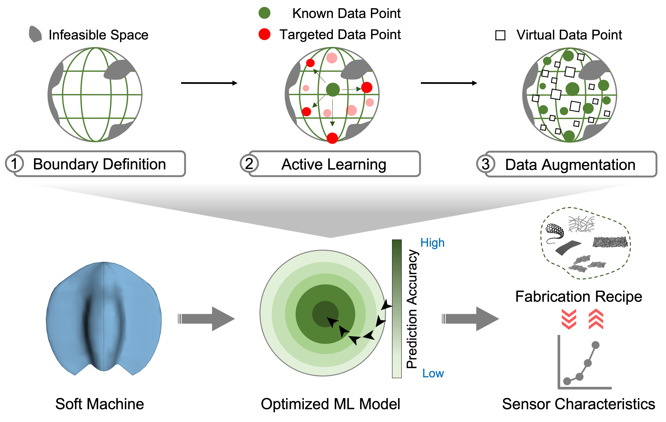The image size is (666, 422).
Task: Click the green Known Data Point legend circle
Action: click(264, 13)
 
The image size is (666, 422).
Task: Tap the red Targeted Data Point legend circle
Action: click(264, 34)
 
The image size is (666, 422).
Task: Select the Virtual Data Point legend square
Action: click(500, 35)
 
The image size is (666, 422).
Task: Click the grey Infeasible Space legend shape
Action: click(35, 34)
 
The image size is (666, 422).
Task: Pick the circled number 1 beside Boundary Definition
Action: click(14, 163)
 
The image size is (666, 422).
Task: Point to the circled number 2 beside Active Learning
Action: click(249, 163)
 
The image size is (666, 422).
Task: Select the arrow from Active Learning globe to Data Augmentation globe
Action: click(449, 83)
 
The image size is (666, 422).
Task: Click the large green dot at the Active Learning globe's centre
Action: click(333, 90)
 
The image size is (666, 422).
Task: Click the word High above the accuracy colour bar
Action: click(432, 243)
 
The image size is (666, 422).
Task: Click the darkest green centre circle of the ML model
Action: click(325, 314)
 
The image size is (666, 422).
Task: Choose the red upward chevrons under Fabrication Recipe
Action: click(596, 319)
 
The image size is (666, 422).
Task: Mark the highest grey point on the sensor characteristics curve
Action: click(595, 345)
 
